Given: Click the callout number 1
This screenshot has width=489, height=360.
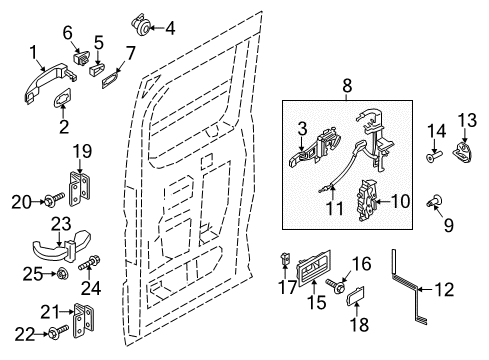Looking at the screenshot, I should [x=34, y=51].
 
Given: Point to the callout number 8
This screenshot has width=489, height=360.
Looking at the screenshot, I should [x=346, y=88].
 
